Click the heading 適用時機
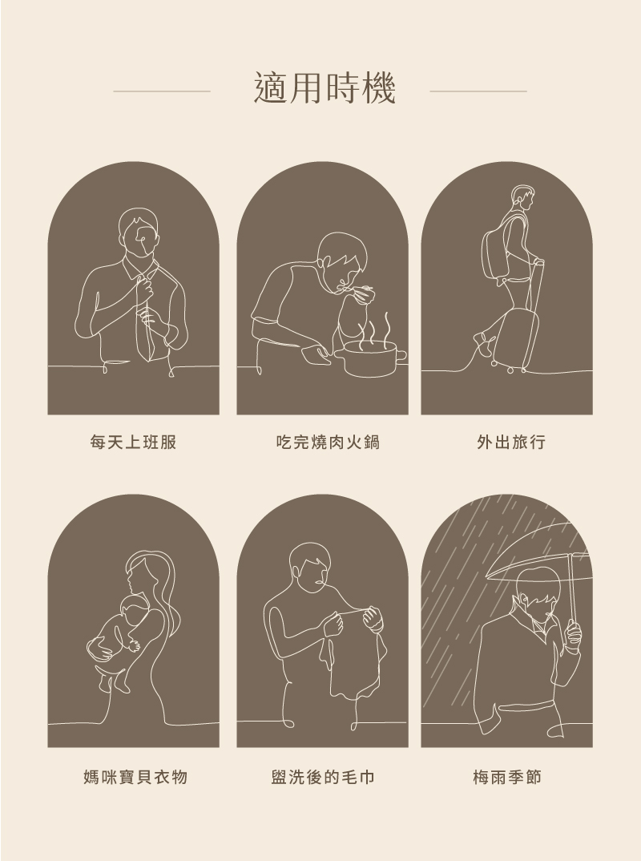point(325,88)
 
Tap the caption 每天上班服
point(133,442)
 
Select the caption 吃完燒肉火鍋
point(329,442)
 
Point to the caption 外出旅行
point(511,442)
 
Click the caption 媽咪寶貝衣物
point(135,777)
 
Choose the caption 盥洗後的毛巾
point(323,777)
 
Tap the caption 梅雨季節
point(507,777)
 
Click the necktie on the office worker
point(143,323)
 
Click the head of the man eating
point(341,259)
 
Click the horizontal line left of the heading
point(162,91)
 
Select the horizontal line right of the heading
point(478,91)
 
